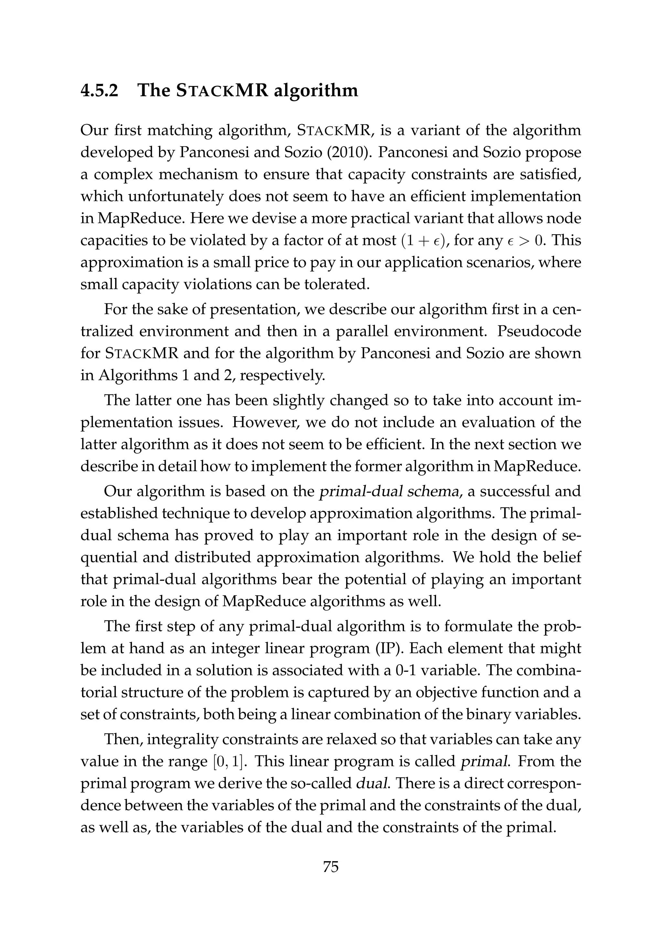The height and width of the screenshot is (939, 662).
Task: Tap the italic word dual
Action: pyautogui.click(x=371, y=783)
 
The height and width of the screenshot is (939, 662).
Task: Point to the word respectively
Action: pyautogui.click(x=282, y=375)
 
